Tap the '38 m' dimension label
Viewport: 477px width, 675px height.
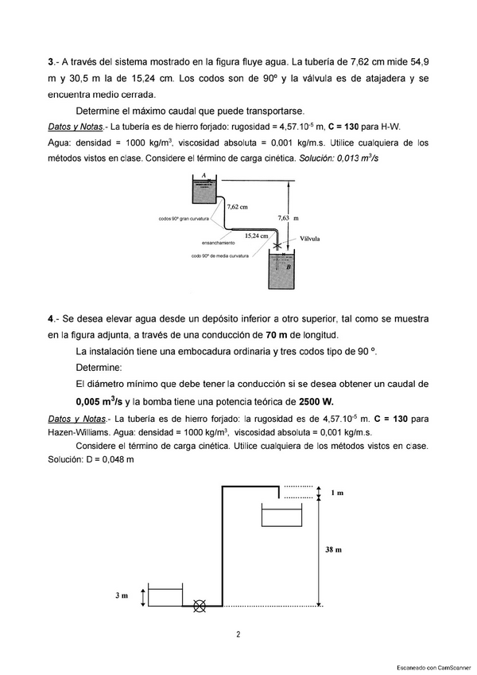334,549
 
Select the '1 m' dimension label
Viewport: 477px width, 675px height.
337,494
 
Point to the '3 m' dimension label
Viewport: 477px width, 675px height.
122,595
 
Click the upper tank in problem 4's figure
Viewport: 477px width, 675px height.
282,515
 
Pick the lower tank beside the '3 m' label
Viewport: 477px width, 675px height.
165,597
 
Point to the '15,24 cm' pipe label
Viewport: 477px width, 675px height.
256,236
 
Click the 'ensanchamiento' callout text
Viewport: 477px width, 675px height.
218,242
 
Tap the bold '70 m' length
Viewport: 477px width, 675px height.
259,334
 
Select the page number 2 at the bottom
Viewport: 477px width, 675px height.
238,634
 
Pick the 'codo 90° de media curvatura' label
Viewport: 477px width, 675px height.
219,256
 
